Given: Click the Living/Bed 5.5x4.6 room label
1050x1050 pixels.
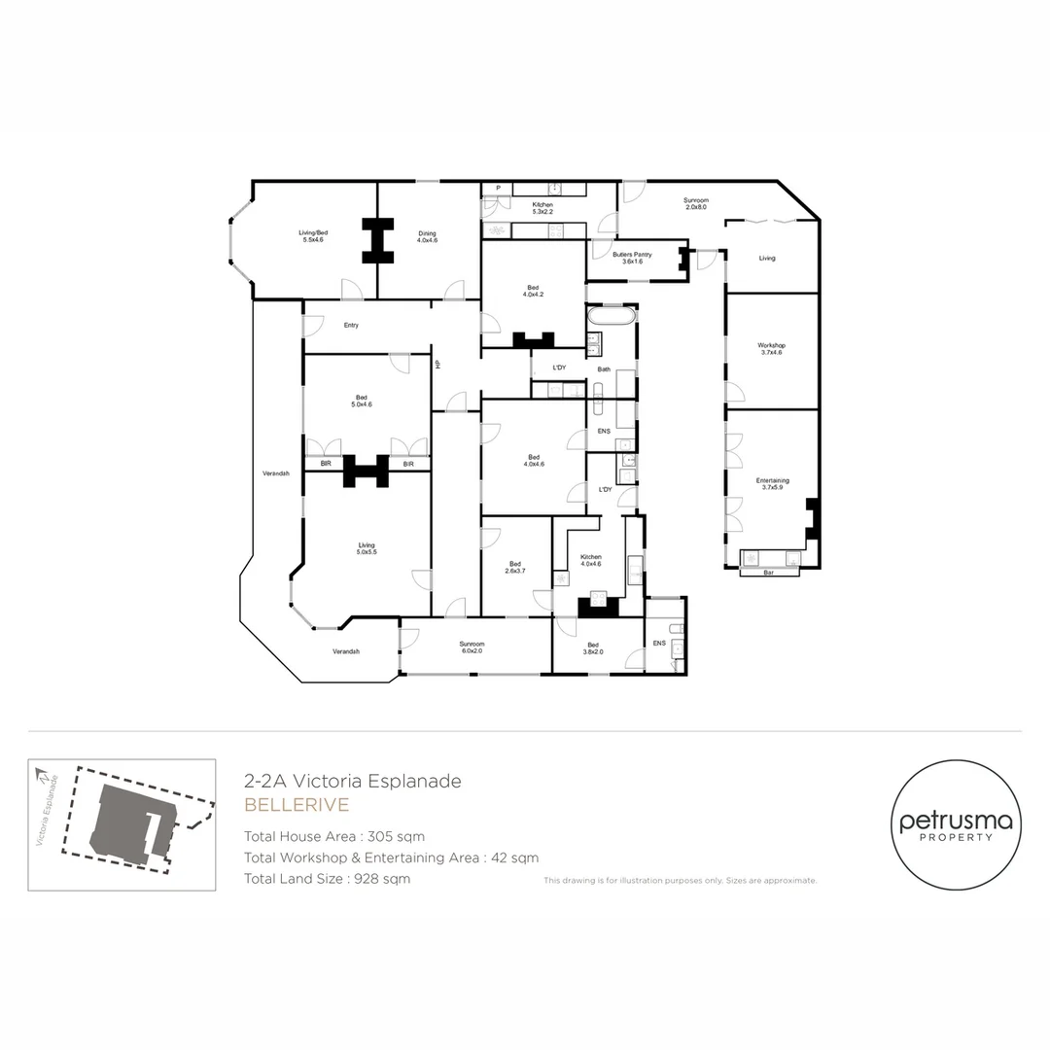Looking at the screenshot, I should pyautogui.click(x=311, y=235).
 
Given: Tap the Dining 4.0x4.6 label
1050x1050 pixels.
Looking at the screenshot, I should pyautogui.click(x=428, y=235).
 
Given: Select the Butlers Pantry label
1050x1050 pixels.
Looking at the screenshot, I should pyautogui.click(x=632, y=258).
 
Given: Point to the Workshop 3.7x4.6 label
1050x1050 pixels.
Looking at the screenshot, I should pyautogui.click(x=772, y=349).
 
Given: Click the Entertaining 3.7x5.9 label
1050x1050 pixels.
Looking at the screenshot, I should pyautogui.click(x=773, y=484).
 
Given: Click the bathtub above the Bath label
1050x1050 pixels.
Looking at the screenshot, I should pyautogui.click(x=612, y=318).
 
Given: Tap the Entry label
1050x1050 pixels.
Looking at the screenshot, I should pyautogui.click(x=351, y=325).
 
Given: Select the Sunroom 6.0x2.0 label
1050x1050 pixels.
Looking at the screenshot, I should pyautogui.click(x=472, y=647).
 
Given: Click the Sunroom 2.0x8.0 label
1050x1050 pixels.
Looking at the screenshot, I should pyautogui.click(x=695, y=203).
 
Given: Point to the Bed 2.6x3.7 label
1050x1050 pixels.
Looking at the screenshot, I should pyautogui.click(x=515, y=568).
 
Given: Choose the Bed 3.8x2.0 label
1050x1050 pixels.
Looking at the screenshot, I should pyautogui.click(x=593, y=648).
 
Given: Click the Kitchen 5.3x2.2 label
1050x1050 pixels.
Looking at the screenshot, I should pyautogui.click(x=542, y=208).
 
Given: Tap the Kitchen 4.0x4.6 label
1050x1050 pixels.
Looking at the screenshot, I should pyautogui.click(x=591, y=560).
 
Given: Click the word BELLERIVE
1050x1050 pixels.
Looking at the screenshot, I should pyautogui.click(x=296, y=805).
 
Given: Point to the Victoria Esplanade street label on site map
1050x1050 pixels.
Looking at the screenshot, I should pyautogui.click(x=48, y=810).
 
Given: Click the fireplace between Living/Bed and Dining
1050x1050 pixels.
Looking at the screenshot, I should pyautogui.click(x=376, y=240).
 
